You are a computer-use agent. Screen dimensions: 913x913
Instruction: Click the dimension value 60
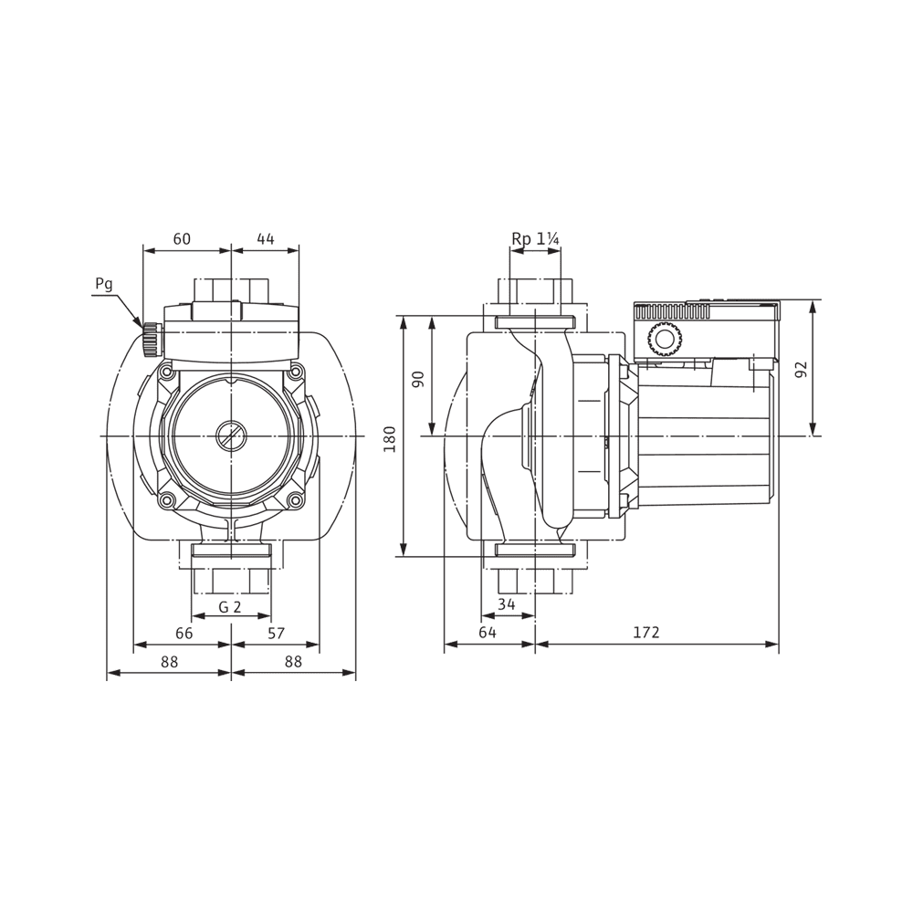click(x=182, y=239)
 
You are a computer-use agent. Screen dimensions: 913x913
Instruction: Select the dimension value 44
click(x=265, y=239)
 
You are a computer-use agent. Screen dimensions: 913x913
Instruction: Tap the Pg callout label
click(x=104, y=284)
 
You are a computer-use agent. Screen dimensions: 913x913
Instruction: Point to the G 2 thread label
click(x=230, y=607)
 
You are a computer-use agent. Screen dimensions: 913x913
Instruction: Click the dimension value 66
click(x=184, y=633)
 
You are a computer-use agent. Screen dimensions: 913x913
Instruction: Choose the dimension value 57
click(x=277, y=633)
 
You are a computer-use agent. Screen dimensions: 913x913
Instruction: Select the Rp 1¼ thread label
click(x=535, y=239)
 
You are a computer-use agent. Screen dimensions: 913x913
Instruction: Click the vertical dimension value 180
click(x=391, y=438)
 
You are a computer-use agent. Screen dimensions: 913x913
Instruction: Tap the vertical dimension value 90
click(x=419, y=379)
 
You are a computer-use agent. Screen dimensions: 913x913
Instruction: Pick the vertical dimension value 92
click(x=802, y=370)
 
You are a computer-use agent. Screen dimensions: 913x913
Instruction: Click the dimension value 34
click(x=507, y=604)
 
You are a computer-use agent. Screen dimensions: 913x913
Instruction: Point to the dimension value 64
click(x=488, y=633)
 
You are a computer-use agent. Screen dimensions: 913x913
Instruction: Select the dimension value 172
click(x=645, y=633)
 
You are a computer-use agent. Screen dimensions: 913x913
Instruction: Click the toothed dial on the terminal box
click(x=664, y=341)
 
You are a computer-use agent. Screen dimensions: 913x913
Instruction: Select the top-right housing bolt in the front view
click(x=295, y=372)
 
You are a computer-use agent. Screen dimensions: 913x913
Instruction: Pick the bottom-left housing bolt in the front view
click(x=166, y=500)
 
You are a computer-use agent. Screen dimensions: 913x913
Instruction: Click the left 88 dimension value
click(x=170, y=662)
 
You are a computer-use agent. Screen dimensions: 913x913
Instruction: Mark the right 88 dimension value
click(x=292, y=662)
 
